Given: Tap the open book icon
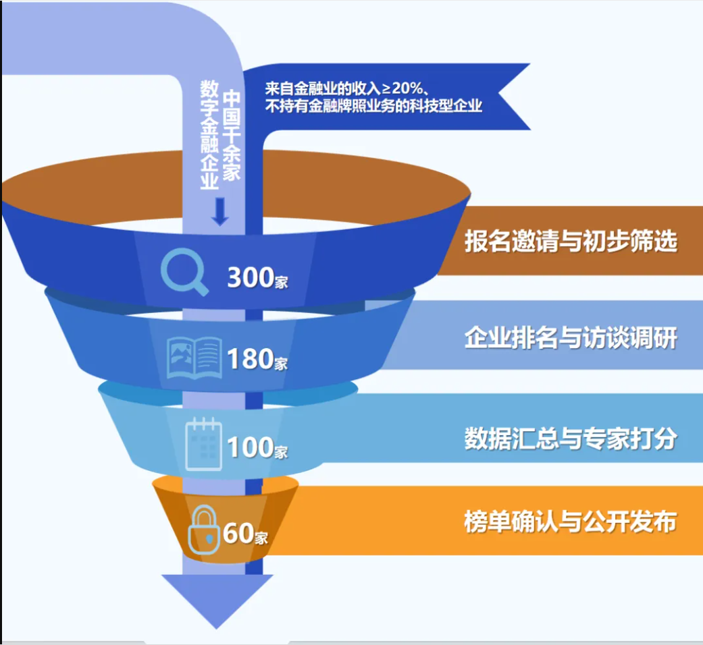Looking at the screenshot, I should [194, 356].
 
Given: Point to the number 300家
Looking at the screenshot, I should [257, 277].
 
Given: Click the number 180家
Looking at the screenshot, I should [257, 359].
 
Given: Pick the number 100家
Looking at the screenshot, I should [257, 447].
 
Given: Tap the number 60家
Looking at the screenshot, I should [244, 534].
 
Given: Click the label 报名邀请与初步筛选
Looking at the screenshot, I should [570, 242].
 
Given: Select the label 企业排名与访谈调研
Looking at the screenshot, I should [570, 338].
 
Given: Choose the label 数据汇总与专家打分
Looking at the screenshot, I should [570, 439].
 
